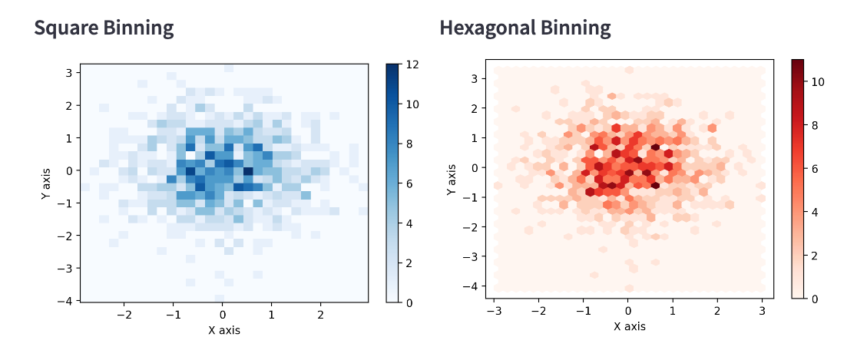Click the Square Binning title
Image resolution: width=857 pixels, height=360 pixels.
point(104,29)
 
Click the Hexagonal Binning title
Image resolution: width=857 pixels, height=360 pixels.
point(524,29)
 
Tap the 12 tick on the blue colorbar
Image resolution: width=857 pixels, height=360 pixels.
point(412,64)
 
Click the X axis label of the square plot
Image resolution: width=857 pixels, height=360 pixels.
point(223,330)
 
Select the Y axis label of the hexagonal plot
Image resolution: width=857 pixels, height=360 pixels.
point(452,179)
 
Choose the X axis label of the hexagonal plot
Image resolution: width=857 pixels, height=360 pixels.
point(629,326)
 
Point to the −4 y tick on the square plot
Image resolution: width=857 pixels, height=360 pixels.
point(67,301)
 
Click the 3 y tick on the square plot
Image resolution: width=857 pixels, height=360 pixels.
point(70,73)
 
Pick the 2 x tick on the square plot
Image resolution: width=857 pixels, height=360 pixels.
point(321,314)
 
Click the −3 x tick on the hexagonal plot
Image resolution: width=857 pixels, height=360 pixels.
point(493,310)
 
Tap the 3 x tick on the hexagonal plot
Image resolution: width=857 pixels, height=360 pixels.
point(763,310)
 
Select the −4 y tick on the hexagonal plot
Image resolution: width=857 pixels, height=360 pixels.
point(472,286)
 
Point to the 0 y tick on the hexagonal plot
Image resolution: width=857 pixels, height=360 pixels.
point(475,167)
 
